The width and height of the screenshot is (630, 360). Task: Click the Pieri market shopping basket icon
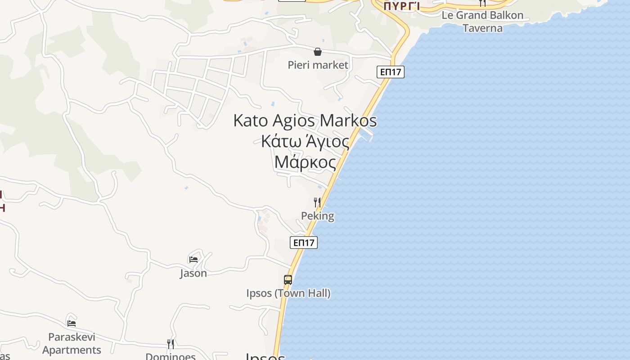(318, 52)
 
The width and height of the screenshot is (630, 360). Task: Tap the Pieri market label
(318, 65)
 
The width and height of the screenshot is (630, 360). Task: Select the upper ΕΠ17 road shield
(391, 72)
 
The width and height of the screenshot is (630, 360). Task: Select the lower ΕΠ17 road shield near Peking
(303, 243)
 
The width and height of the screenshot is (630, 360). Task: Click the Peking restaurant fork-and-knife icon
(317, 202)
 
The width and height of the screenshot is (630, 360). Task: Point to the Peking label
(317, 216)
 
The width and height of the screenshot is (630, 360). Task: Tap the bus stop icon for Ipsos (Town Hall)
(288, 280)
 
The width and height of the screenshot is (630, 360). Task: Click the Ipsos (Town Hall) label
(288, 293)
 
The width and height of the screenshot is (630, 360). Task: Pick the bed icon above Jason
(193, 259)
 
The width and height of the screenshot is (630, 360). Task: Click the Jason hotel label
(193, 273)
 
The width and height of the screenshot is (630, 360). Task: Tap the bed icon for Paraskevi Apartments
(71, 323)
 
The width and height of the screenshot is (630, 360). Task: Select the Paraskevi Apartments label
(72, 343)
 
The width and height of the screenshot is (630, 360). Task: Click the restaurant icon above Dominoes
(171, 344)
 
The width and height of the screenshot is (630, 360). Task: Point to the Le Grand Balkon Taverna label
(482, 22)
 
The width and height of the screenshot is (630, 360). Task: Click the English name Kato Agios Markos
(305, 121)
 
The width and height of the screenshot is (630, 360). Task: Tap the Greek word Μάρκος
(305, 162)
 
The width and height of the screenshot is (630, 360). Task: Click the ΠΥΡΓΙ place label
(402, 6)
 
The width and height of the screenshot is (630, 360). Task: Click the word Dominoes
(171, 356)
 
